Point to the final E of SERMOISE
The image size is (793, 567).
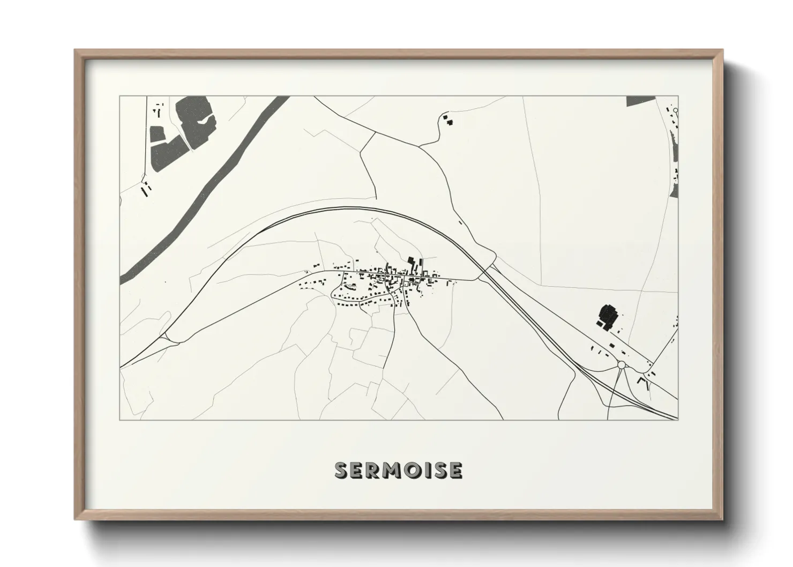(455, 471)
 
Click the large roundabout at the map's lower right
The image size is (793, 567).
(622, 365)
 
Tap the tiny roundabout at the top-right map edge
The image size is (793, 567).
(676, 110)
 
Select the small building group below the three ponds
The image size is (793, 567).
(145, 189)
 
